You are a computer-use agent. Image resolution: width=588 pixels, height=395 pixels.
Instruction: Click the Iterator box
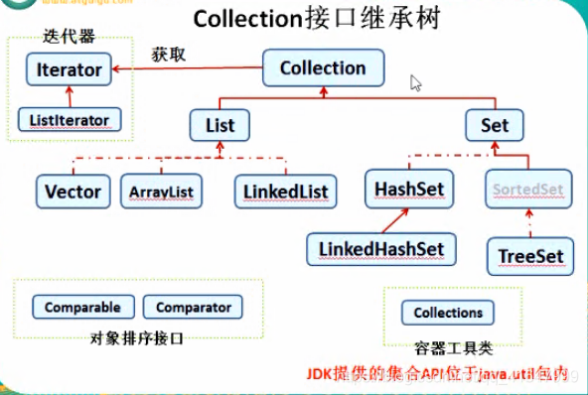pos(69,69)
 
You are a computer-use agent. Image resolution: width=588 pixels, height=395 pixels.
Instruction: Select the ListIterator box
pos(70,120)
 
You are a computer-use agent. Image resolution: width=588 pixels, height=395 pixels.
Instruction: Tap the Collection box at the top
pos(323,67)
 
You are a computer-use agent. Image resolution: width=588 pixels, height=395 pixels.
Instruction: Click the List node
pos(219,126)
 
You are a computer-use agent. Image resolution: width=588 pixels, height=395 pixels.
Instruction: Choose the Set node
pos(494,126)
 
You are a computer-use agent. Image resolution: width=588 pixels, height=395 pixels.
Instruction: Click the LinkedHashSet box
pos(381,247)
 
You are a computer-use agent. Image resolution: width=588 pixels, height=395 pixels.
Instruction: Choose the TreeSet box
pos(530,256)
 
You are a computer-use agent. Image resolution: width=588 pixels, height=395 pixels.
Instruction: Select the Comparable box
pos(82,308)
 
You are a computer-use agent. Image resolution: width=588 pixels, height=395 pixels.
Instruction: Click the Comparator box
pos(194,308)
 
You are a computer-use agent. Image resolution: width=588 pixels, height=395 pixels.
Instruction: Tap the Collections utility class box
pos(448,313)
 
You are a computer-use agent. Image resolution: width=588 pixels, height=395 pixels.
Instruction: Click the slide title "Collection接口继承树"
pos(302,19)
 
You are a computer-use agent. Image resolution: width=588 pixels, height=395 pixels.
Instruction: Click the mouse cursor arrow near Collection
pos(416,83)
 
